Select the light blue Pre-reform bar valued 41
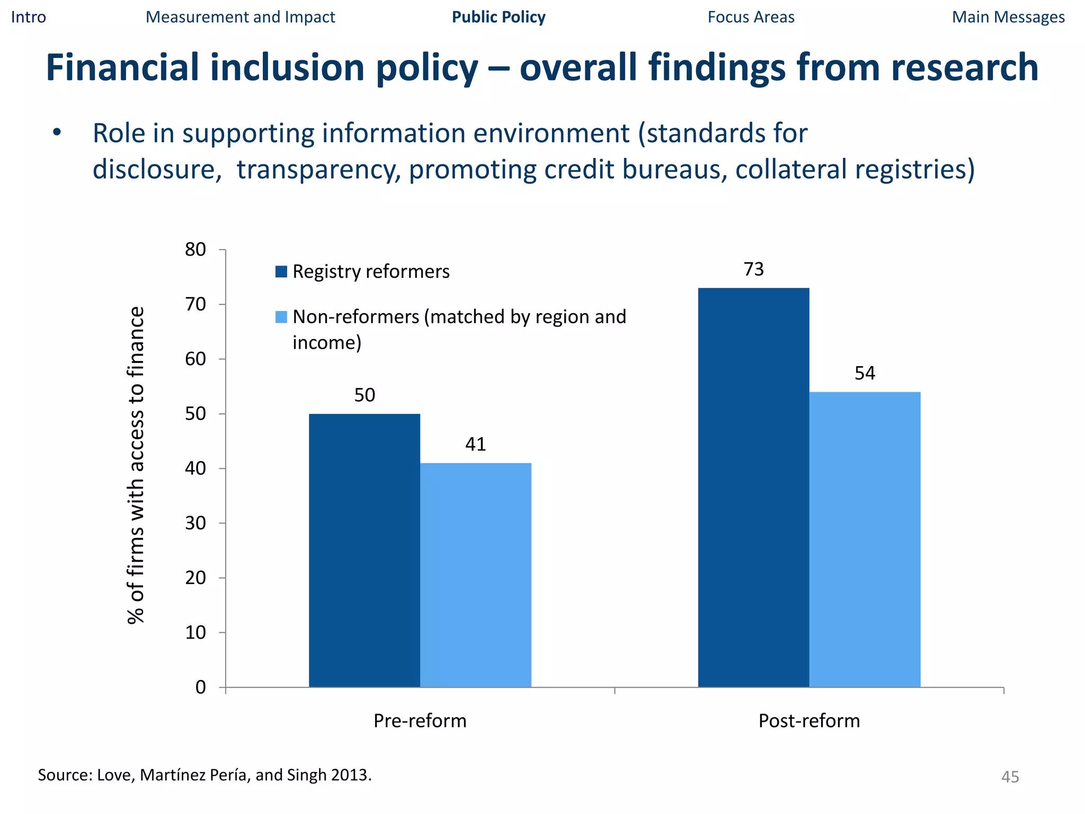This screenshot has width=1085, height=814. click(x=476, y=575)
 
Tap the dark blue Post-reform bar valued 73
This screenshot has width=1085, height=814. click(x=753, y=488)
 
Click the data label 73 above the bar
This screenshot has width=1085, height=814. click(x=753, y=270)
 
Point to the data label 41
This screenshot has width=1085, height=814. click(x=476, y=444)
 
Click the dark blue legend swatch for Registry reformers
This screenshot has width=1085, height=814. click(x=281, y=272)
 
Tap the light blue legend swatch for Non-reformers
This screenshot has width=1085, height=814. click(x=281, y=317)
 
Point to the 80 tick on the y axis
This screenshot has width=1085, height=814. click(x=195, y=250)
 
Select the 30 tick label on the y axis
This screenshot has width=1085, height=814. click(x=195, y=523)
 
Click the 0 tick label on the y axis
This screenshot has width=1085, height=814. click(x=200, y=687)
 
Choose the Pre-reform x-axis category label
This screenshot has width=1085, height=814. click(x=420, y=721)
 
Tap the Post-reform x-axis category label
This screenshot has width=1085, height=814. click(x=809, y=721)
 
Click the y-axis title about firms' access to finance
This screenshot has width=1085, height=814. click(x=136, y=465)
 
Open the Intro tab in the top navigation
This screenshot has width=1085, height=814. click(x=29, y=17)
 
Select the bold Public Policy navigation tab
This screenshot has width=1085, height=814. click(x=499, y=17)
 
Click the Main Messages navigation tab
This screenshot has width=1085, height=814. click(x=1008, y=17)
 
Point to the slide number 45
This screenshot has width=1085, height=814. click(x=1010, y=777)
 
